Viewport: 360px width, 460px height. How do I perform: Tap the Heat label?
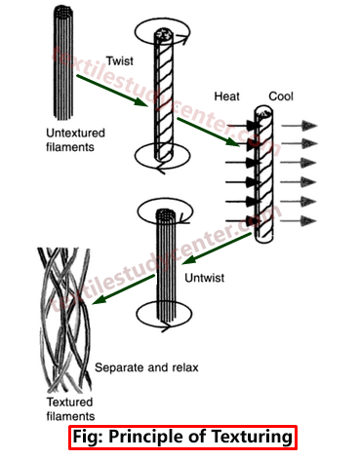pos(227,97)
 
